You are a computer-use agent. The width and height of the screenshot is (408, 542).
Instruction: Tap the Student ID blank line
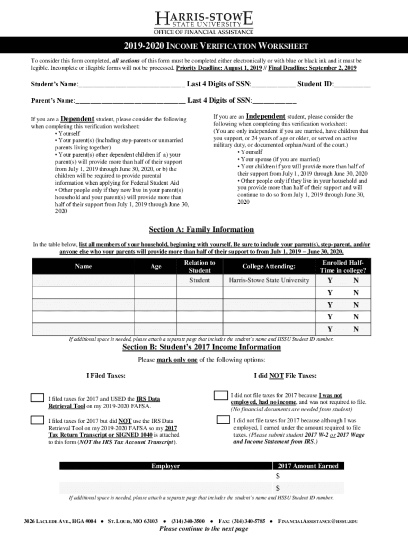(352, 85)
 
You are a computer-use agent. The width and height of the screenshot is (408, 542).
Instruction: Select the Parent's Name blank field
(130, 101)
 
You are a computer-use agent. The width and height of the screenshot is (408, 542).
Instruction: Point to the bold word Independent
(265, 116)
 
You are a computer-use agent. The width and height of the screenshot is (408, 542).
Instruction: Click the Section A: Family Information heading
(201, 230)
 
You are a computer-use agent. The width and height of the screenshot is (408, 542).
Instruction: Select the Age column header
(156, 267)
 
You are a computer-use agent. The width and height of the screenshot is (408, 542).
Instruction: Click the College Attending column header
(269, 267)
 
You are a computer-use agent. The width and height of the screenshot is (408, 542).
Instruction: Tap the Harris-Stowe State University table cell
(269, 280)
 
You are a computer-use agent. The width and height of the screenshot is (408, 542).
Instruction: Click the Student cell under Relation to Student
(200, 280)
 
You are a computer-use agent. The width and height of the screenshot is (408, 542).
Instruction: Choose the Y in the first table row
(330, 281)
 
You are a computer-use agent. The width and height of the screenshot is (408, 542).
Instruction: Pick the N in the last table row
(356, 329)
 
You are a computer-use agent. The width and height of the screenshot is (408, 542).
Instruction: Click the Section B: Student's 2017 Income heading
(201, 347)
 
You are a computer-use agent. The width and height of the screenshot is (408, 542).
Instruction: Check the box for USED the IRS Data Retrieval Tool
(37, 398)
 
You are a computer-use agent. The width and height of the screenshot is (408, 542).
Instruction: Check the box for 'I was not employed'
(220, 395)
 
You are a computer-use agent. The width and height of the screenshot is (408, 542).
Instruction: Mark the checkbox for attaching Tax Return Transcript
(37, 420)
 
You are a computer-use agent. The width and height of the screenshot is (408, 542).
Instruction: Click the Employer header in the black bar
(165, 466)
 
